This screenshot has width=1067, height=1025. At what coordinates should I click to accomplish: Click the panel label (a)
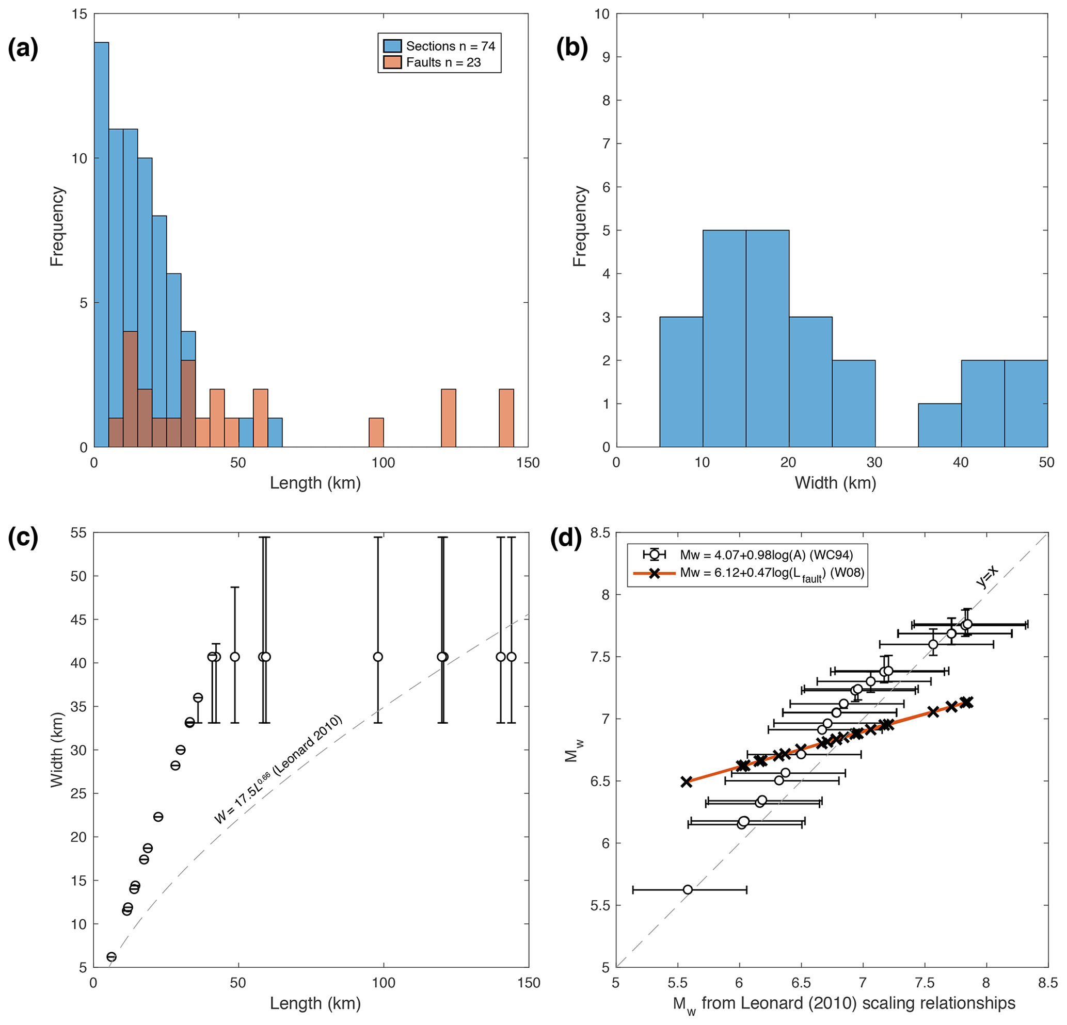(23, 49)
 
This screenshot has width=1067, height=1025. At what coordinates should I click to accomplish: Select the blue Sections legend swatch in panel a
(392, 46)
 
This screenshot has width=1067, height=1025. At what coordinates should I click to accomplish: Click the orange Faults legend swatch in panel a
(392, 62)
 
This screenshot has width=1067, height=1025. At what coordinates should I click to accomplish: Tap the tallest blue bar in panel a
(101, 245)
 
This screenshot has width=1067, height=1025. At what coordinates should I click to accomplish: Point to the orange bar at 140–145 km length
(506, 418)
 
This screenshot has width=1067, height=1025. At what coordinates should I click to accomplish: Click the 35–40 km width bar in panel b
(939, 426)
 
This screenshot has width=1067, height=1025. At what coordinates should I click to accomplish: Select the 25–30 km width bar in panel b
(854, 404)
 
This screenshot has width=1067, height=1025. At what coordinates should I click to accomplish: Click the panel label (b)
(571, 49)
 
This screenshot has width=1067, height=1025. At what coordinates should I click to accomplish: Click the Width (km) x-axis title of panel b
(835, 482)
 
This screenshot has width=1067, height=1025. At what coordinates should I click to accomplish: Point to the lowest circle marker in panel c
(112, 957)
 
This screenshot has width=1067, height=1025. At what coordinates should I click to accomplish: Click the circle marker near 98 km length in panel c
(378, 657)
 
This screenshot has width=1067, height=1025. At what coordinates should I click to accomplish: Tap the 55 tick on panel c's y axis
(78, 533)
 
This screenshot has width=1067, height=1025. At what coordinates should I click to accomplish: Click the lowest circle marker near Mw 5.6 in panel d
(688, 889)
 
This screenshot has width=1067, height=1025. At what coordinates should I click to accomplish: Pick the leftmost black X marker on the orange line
(687, 782)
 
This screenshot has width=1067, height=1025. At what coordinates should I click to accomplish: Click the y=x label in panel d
(986, 577)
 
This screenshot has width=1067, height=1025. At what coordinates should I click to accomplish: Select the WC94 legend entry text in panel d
(767, 555)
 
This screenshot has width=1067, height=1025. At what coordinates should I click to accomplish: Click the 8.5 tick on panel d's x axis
(1047, 983)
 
